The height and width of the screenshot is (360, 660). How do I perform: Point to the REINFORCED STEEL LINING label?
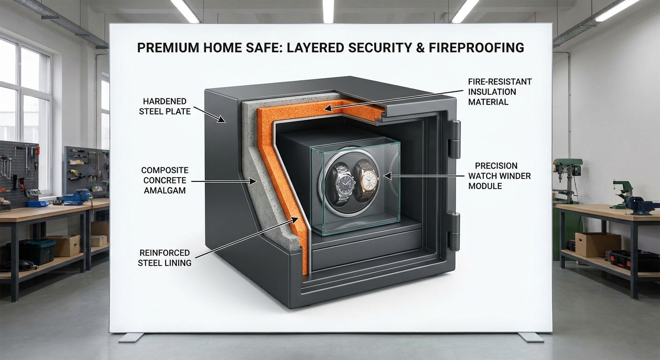pyautogui.click(x=165, y=258)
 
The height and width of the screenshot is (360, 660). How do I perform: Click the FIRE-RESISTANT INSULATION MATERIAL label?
pyautogui.click(x=500, y=91)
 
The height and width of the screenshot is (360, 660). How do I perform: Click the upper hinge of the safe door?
pyautogui.click(x=454, y=139)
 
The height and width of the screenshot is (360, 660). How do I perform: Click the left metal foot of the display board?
pyautogui.click(x=131, y=337)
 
